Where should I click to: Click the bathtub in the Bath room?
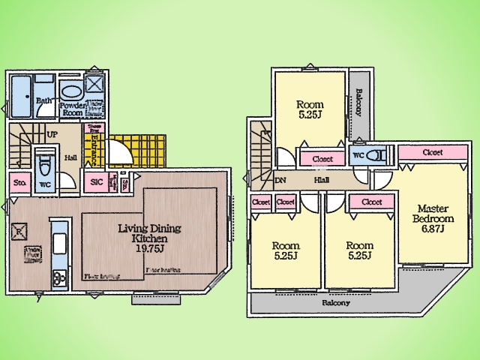[x=21, y=97]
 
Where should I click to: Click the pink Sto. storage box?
[x=19, y=182]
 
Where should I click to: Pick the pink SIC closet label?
[x=96, y=182]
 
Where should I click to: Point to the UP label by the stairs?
[x=52, y=134]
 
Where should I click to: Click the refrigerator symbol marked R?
[x=21, y=231]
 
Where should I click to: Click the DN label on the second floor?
[x=280, y=181]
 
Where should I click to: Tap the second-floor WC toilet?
[x=375, y=156]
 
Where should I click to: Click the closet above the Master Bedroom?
[x=432, y=152]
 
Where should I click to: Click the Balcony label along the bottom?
[x=336, y=303]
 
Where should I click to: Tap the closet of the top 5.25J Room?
[x=322, y=159]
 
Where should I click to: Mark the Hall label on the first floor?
[x=70, y=157]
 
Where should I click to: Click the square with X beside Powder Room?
[x=95, y=84]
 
